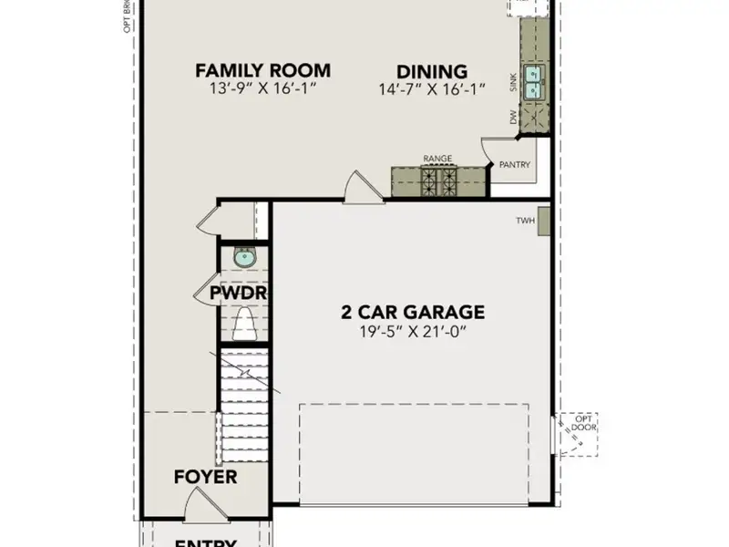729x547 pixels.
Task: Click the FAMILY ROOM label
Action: click(x=262, y=70)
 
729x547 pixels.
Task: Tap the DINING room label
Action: click(x=431, y=71)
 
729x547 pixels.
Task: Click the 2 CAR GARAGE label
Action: click(x=413, y=312)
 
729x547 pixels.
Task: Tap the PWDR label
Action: click(x=237, y=294)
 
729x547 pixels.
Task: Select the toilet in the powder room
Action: click(x=244, y=324)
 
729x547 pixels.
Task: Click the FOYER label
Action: click(x=205, y=477)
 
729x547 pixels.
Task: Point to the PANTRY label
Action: click(x=515, y=165)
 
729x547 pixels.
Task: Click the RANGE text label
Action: click(x=436, y=159)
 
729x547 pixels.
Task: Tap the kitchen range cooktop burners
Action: click(x=437, y=182)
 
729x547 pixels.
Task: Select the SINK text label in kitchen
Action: click(x=514, y=86)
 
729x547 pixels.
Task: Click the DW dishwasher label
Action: click(x=513, y=117)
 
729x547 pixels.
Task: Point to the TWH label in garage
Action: click(x=525, y=221)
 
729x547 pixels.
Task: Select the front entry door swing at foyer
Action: click(x=198, y=503)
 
